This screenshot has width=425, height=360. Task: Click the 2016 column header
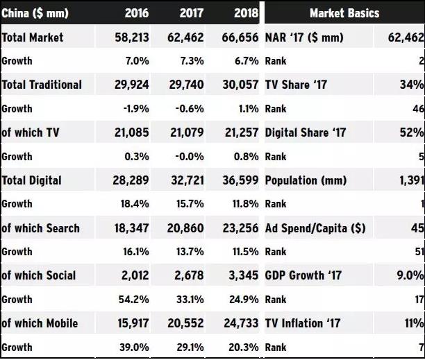pyautogui.click(x=137, y=13)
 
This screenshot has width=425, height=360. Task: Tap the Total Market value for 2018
pyautogui.click(x=237, y=37)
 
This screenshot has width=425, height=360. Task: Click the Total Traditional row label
pyautogui.click(x=42, y=85)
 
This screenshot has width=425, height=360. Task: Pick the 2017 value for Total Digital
pyautogui.click(x=183, y=180)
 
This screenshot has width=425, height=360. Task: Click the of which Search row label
pyautogui.click(x=40, y=228)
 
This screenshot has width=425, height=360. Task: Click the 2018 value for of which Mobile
pyautogui.click(x=237, y=324)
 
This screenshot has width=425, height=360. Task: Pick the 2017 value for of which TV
pyautogui.click(x=183, y=132)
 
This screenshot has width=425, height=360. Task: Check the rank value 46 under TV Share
pyautogui.click(x=417, y=109)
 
